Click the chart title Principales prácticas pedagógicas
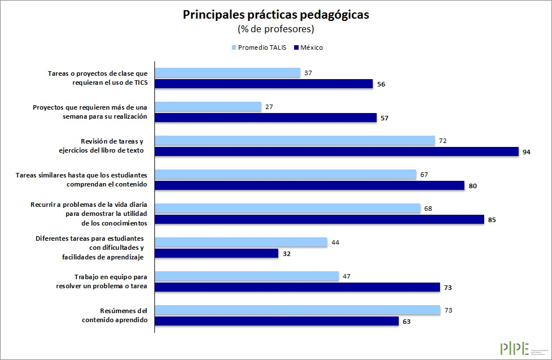pos(275,15)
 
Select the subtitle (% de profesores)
pos(275,29)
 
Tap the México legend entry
pos(308,47)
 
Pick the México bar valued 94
pos(337,151)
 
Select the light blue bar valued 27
pos(208,107)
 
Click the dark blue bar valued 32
pos(217,253)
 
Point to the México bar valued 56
pos(264,84)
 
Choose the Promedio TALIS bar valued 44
pos(241,242)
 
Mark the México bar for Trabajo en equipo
pos(297,287)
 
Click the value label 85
pos(491,220)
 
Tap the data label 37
pos(308,73)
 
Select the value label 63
pos(406,322)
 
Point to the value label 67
pos(424,175)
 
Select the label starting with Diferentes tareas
pos(89,248)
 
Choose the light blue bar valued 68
pos(288,209)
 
